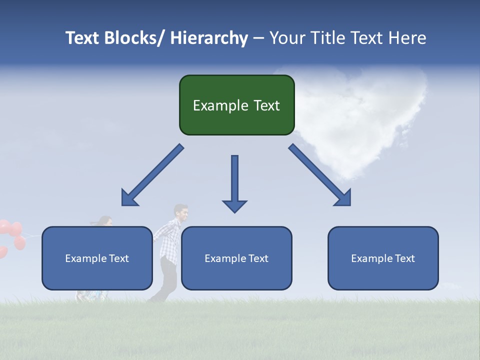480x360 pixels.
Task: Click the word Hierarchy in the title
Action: pos(209,38)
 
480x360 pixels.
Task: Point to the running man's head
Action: pos(181,213)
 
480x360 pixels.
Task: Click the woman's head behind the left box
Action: pos(104,221)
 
